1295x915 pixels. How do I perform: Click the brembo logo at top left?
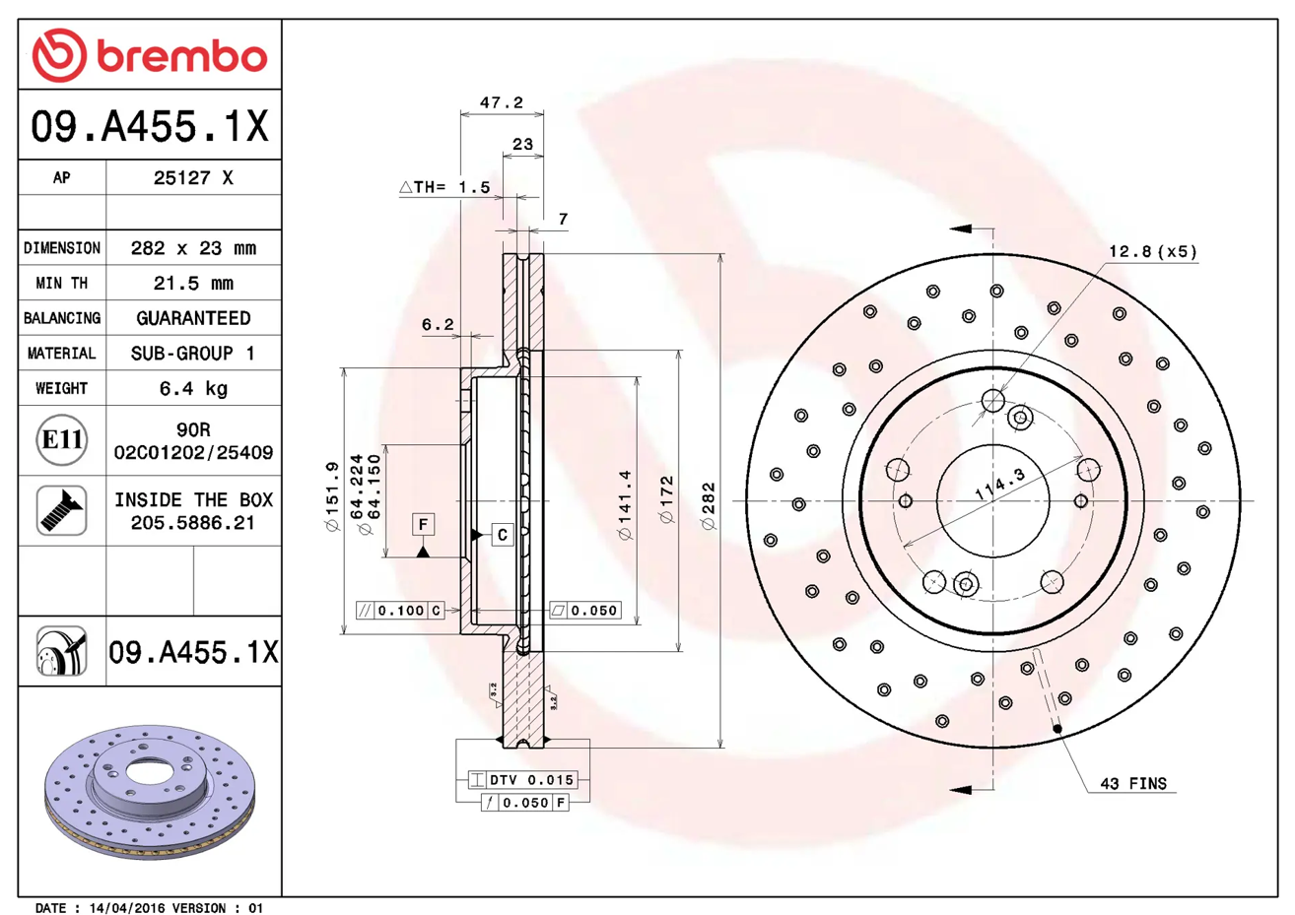click(149, 55)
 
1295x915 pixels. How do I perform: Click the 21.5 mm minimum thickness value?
click(193, 283)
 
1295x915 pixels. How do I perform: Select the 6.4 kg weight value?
click(193, 388)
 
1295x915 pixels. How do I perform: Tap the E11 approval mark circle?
click(62, 440)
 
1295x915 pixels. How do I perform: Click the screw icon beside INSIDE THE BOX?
click(62, 510)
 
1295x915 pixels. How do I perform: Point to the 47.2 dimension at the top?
click(502, 102)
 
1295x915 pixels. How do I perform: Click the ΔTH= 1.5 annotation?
click(444, 187)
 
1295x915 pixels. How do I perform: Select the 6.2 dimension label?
click(438, 325)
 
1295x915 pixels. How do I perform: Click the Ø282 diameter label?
click(709, 506)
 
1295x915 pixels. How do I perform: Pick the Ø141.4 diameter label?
click(625, 505)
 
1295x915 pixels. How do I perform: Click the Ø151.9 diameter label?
click(332, 496)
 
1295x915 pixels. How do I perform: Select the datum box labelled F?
click(423, 525)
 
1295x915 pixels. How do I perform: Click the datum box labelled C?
click(503, 535)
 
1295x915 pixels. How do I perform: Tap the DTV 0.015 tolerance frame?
click(522, 780)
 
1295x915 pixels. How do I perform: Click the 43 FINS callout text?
click(1133, 784)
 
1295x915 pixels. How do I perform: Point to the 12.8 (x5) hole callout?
click(1153, 251)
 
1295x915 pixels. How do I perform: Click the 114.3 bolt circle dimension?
click(999, 484)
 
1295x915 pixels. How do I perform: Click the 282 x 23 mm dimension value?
click(193, 248)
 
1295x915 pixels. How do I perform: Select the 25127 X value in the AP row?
click(193, 177)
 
